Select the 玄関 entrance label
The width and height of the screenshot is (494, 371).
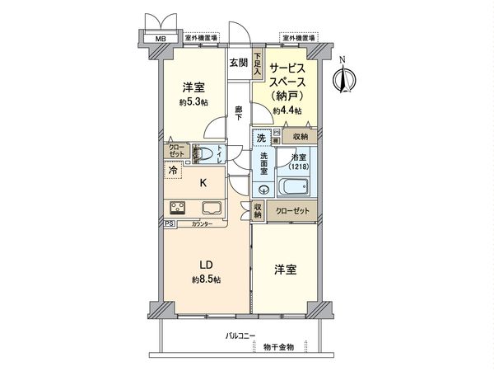point(238,63)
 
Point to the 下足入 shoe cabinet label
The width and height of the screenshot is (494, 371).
point(257,63)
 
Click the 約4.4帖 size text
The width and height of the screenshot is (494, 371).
point(287,110)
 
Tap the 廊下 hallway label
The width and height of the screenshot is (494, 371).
point(238,113)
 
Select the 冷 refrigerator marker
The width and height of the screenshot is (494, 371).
point(173,170)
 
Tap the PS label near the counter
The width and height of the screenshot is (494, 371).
point(170,223)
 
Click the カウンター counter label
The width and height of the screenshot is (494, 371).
point(203,224)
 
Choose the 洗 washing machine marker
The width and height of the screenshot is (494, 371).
point(260,137)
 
